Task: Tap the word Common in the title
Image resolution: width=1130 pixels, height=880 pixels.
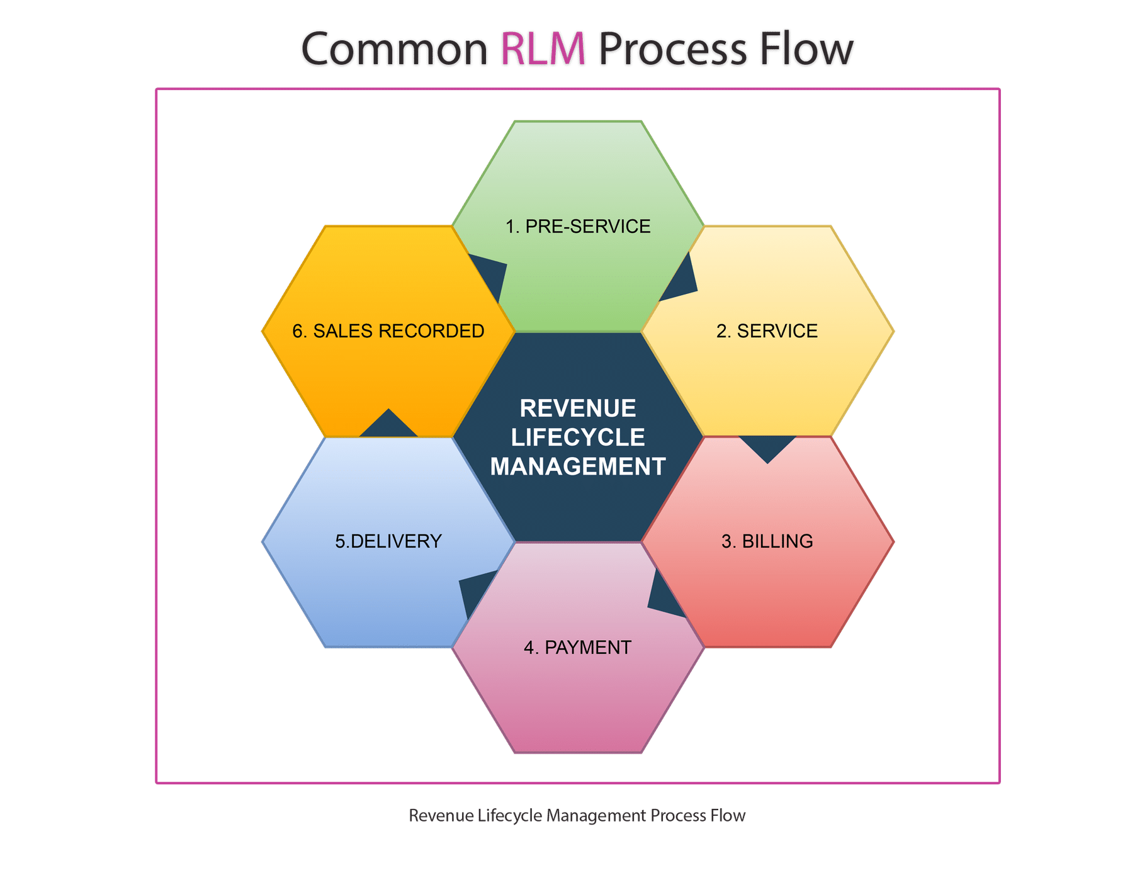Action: click(x=395, y=49)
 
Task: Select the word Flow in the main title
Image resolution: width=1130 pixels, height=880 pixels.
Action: click(x=806, y=49)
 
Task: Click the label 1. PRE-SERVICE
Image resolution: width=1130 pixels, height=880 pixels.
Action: click(x=578, y=227)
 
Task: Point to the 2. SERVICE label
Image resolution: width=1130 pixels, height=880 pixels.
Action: click(x=767, y=331)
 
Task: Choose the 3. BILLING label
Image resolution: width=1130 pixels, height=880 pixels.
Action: click(x=767, y=541)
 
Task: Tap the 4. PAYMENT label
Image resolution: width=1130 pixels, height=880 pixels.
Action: click(x=577, y=647)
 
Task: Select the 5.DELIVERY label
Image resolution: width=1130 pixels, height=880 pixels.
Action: click(x=388, y=541)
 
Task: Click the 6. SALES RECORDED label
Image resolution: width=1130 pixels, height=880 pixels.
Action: click(x=388, y=331)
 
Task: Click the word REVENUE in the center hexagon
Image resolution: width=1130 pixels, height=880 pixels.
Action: click(x=578, y=409)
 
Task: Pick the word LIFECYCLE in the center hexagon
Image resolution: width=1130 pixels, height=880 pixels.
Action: click(x=578, y=437)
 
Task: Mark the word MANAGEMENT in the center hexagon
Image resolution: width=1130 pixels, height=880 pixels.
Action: click(x=578, y=466)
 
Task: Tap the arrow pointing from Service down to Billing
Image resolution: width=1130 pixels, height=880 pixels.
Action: click(x=767, y=448)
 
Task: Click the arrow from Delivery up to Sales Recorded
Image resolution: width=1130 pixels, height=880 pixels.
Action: click(x=388, y=425)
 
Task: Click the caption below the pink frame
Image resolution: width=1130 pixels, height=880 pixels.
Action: click(x=577, y=815)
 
